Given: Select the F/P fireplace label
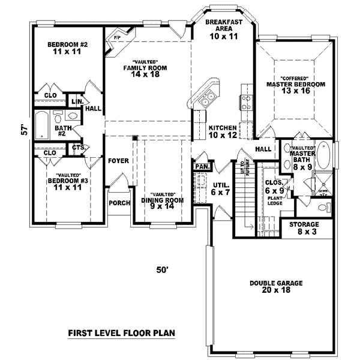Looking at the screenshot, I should click(116, 38).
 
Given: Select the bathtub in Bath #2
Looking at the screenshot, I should click(41, 127).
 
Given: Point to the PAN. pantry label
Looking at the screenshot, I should click(200, 166).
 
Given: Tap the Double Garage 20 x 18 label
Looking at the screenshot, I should click(277, 287).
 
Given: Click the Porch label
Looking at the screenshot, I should click(119, 203).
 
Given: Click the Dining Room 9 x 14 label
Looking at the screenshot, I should click(162, 202).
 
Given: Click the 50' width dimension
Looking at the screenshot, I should click(162, 271).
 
